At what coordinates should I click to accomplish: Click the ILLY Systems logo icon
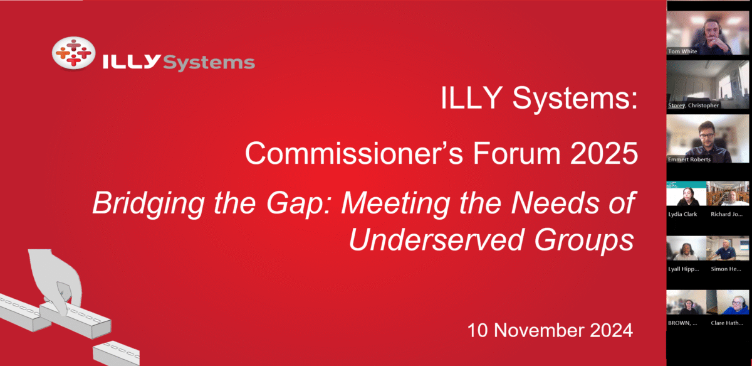73,53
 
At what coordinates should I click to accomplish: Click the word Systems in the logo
209,62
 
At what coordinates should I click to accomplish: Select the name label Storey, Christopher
692,105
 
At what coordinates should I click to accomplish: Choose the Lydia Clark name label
682,214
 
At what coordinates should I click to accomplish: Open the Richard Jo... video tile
729,195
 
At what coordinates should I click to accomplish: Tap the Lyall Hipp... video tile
686,249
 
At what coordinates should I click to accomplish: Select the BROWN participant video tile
686,303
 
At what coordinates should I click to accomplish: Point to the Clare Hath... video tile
729,303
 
